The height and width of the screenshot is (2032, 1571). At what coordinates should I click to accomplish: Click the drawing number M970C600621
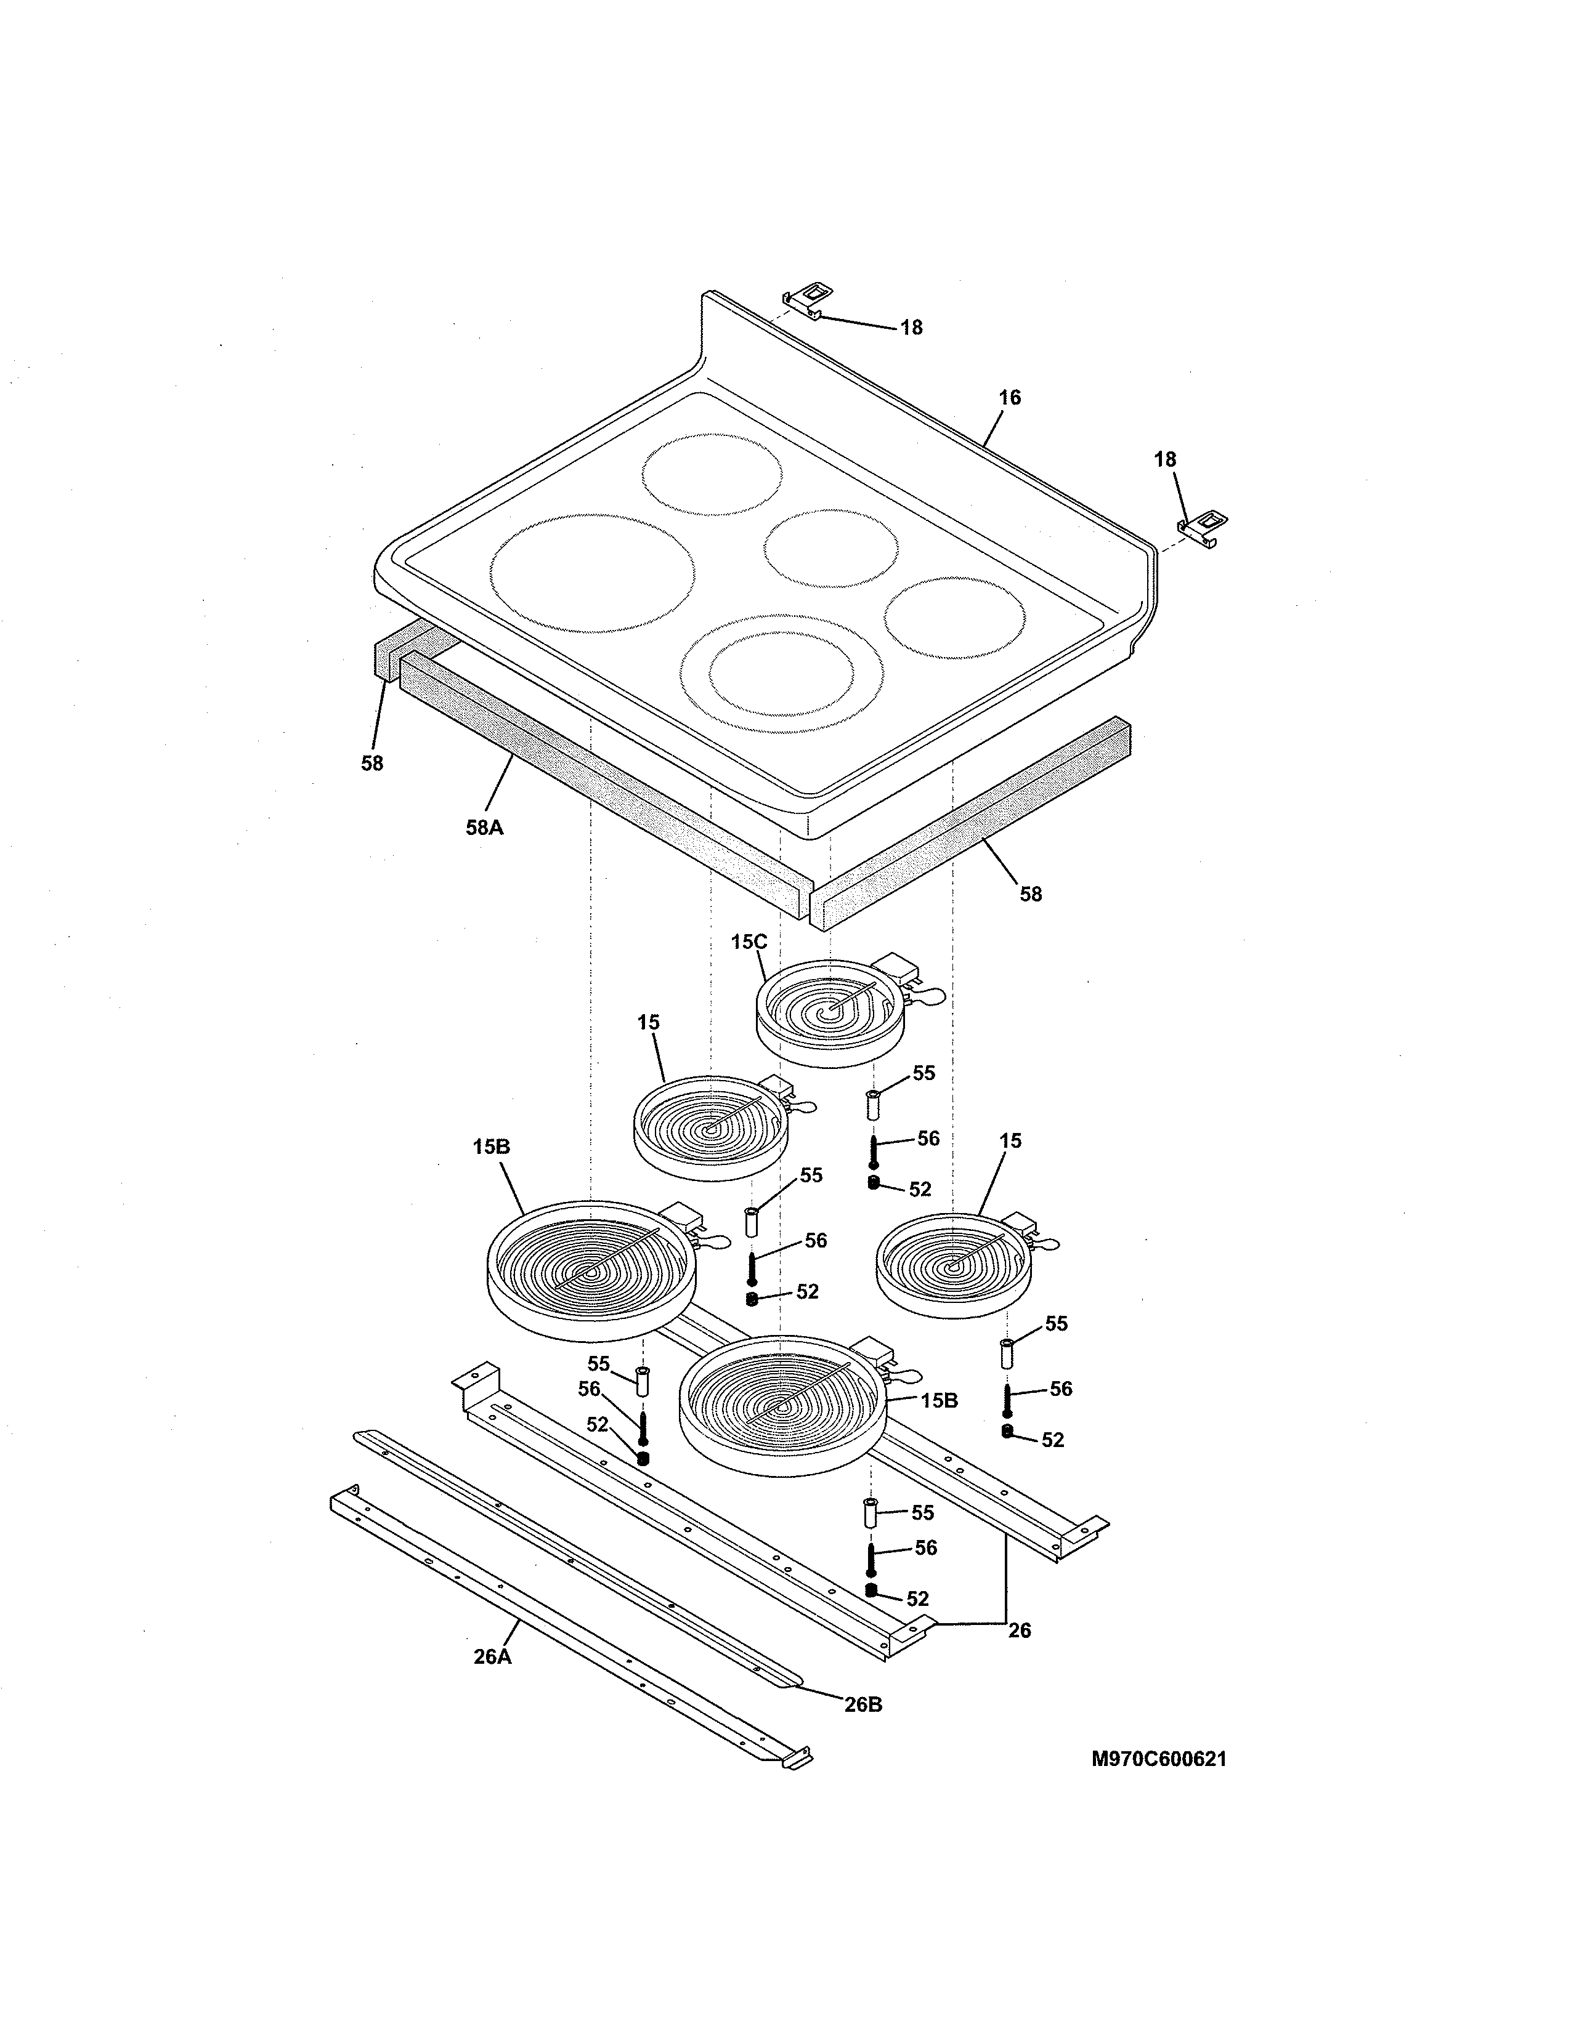[x=1159, y=1759]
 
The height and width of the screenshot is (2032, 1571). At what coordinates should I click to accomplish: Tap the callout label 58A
[x=484, y=826]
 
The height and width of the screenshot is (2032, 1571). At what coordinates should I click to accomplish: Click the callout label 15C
[x=749, y=941]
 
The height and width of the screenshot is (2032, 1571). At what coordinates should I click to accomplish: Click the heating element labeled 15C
[x=828, y=1014]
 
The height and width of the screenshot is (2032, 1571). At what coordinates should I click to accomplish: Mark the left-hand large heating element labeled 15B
[x=590, y=1270]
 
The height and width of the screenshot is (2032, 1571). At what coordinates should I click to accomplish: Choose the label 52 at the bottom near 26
[x=918, y=1599]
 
